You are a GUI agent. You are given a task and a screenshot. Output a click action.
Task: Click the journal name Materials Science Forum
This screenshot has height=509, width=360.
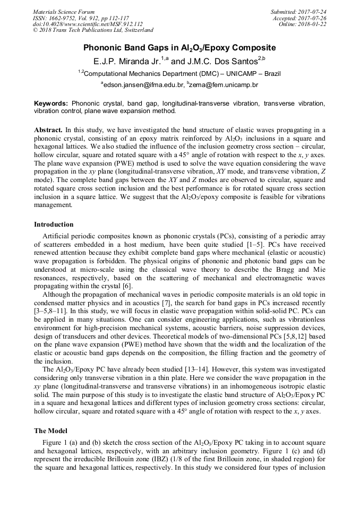coord(63,12)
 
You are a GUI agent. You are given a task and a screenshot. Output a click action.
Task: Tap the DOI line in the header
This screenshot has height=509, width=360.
coord(88,24)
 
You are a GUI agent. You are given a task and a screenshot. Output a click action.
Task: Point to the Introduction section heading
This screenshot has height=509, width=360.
coord(54,225)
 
